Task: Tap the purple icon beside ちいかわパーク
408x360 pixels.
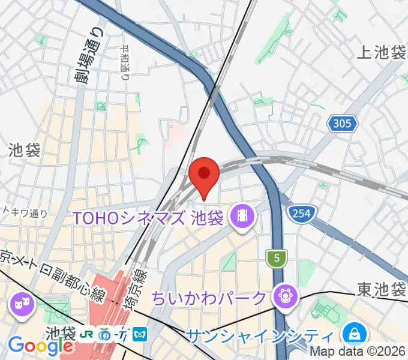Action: coord(282,296)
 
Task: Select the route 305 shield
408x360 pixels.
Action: coord(342,124)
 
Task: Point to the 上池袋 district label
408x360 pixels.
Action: coord(382,53)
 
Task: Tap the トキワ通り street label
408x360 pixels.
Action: coord(25,212)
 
